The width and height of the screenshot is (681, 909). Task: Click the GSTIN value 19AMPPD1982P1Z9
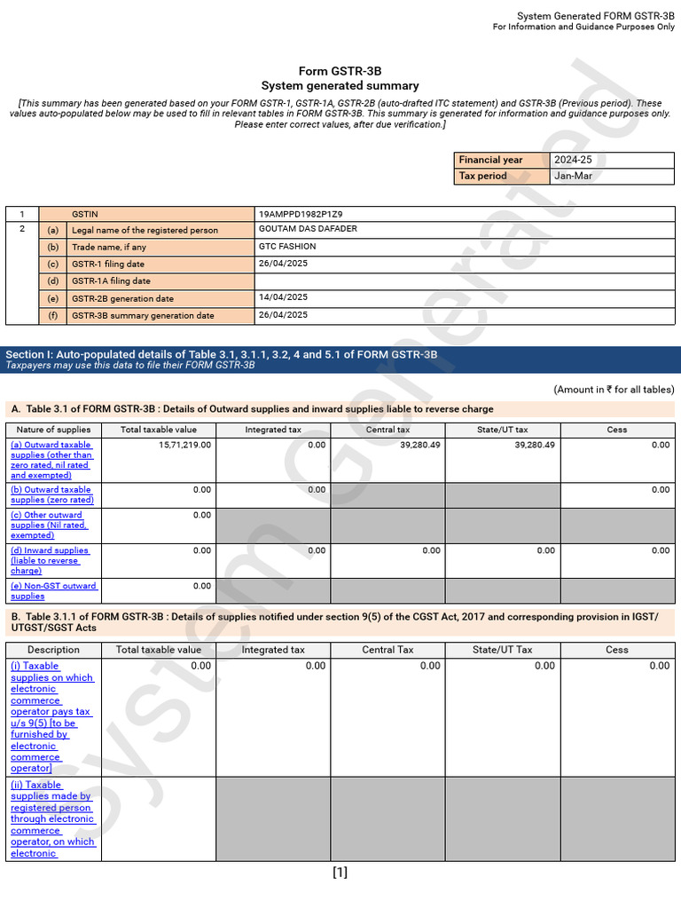pos(301,214)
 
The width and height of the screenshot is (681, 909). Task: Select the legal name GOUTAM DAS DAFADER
pos(308,229)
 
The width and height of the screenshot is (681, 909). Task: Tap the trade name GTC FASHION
pos(287,247)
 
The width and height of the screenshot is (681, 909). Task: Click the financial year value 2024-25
pos(574,160)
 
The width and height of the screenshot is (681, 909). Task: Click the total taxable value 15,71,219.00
pos(181,445)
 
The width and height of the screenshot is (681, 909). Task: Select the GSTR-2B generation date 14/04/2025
pos(283,297)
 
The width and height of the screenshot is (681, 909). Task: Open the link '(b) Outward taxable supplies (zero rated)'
pos(51,494)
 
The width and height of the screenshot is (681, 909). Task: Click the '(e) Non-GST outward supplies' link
pos(53,590)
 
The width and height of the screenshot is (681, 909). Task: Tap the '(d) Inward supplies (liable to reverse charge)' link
pos(50,560)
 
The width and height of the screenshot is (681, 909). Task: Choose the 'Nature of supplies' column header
pos(53,430)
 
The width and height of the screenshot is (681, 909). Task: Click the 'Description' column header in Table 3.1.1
pos(53,650)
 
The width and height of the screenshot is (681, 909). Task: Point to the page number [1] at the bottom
pos(340,873)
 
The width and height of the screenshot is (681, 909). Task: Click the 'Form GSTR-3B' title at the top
pos(340,71)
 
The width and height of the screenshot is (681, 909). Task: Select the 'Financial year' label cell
pos(491,160)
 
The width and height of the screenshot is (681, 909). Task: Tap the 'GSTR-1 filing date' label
pos(108,264)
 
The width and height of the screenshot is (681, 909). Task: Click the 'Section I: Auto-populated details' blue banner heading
pos(222,354)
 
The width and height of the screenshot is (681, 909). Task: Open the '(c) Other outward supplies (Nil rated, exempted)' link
pos(49,525)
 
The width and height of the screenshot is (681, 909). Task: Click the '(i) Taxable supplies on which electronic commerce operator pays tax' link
pos(51,716)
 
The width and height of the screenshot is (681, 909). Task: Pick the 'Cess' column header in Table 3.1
pos(617,430)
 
